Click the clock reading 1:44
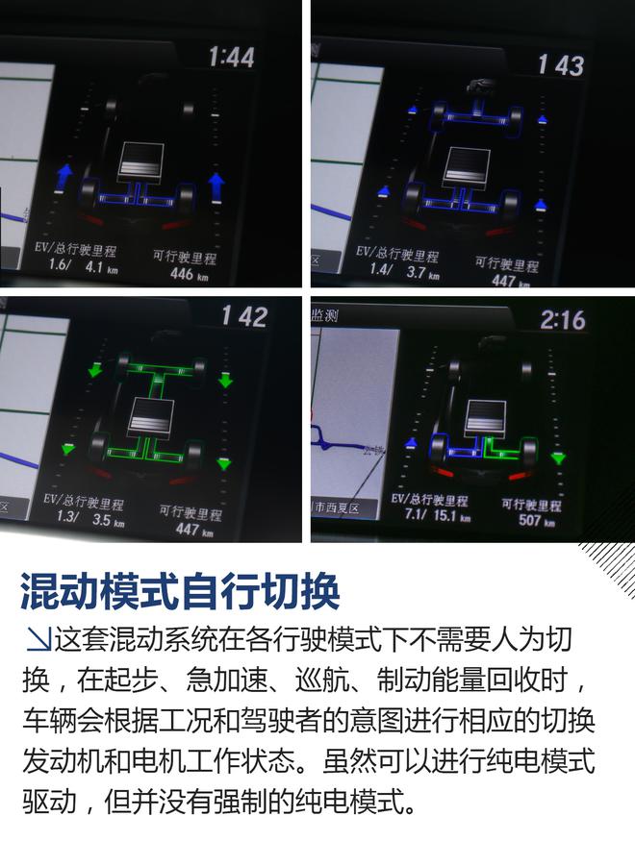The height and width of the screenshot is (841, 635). coord(231,57)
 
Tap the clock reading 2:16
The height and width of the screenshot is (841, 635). coord(562,319)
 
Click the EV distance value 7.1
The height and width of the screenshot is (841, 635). coord(401,517)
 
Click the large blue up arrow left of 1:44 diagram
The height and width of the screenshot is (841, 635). coord(64,176)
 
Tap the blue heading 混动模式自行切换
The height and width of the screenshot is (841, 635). coord(180,592)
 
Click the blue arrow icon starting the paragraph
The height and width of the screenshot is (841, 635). coord(37,638)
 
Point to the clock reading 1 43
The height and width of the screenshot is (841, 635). coord(562,64)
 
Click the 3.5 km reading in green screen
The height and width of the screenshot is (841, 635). coord(109,523)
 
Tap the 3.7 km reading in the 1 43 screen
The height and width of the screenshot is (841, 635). coord(423,275)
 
